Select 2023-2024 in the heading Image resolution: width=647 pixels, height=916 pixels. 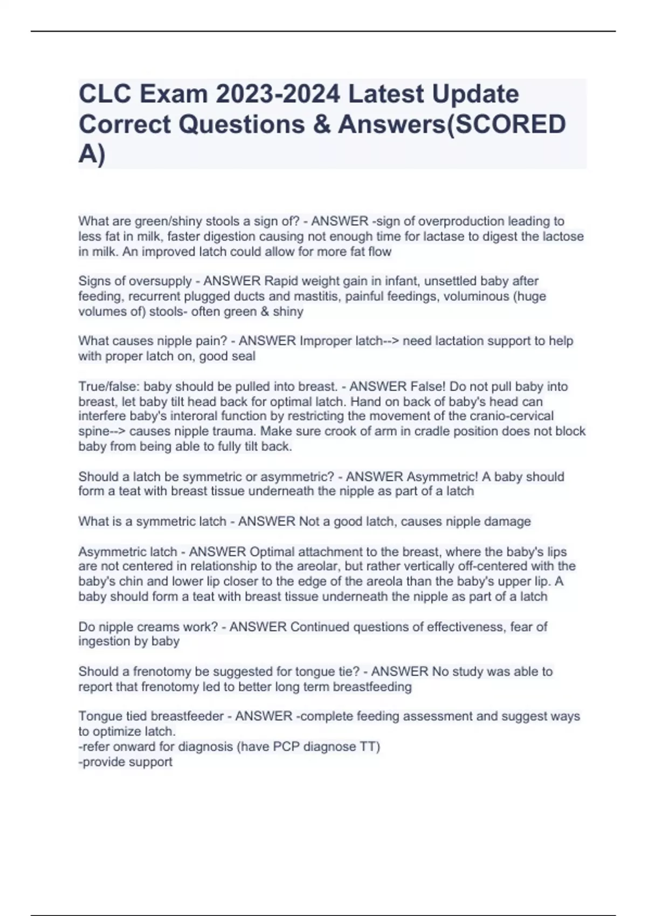pyautogui.click(x=278, y=94)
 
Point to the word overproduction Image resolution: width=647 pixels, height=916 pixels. pyautogui.click(x=461, y=221)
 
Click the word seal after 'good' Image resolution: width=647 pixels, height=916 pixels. pyautogui.click(x=243, y=356)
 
